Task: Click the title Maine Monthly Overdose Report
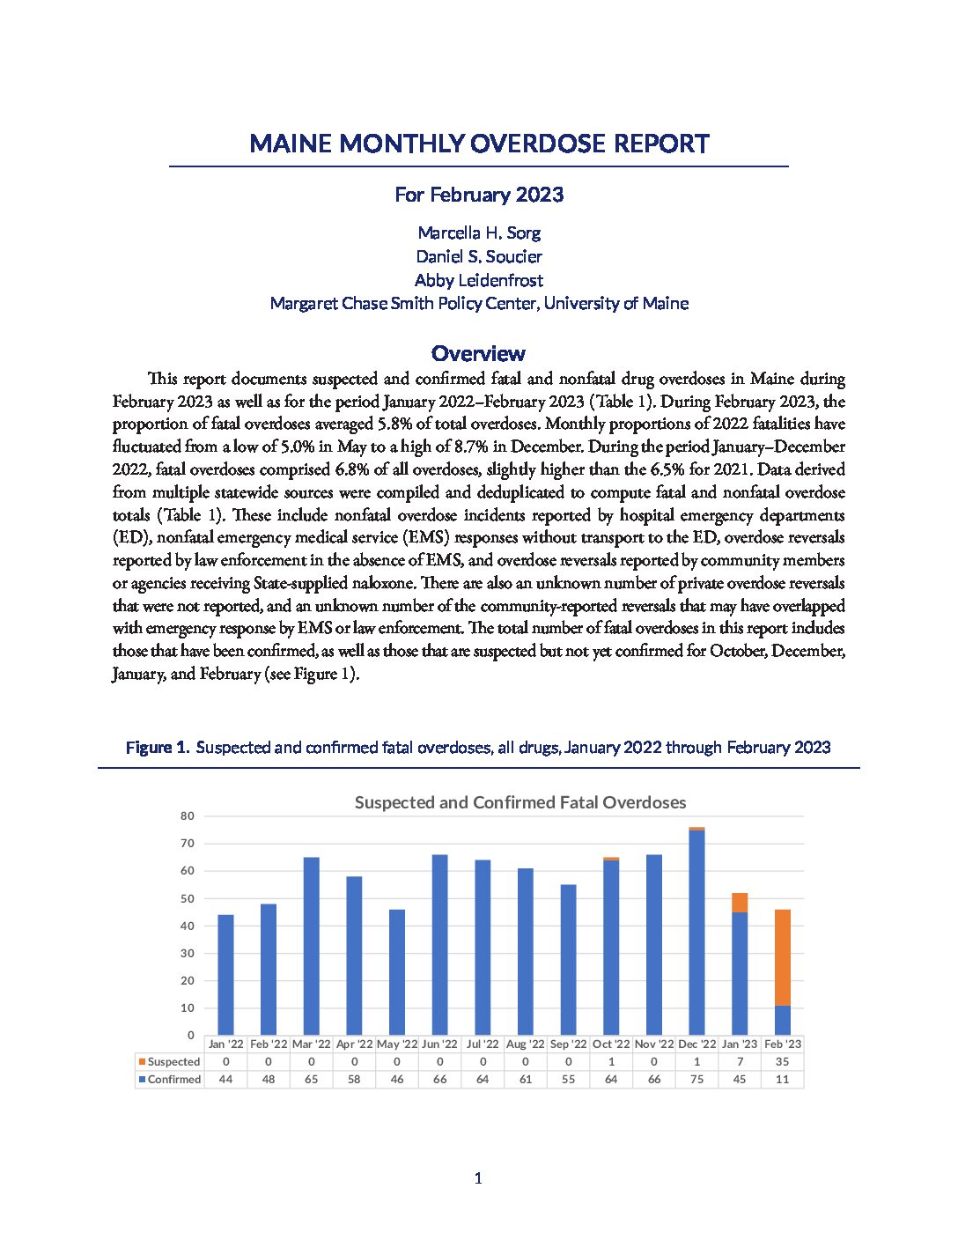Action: pos(479,144)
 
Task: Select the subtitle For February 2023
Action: pos(479,195)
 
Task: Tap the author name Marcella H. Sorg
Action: pos(479,232)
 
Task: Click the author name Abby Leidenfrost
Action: pos(479,280)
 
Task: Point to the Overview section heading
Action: pos(478,353)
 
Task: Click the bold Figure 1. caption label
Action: pos(158,748)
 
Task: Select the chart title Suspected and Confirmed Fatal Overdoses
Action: pos(520,802)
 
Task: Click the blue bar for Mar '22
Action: pos(312,946)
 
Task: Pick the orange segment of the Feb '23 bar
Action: pos(783,957)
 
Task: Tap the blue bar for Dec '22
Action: pos(696,933)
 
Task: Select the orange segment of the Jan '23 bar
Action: pos(740,903)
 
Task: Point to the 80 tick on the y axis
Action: pos(187,816)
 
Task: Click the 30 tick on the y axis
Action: pos(187,954)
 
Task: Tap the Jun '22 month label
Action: pos(439,1044)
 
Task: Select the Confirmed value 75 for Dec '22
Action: pos(696,1080)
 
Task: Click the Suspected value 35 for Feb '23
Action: pos(783,1062)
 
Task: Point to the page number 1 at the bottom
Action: pos(478,1178)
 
